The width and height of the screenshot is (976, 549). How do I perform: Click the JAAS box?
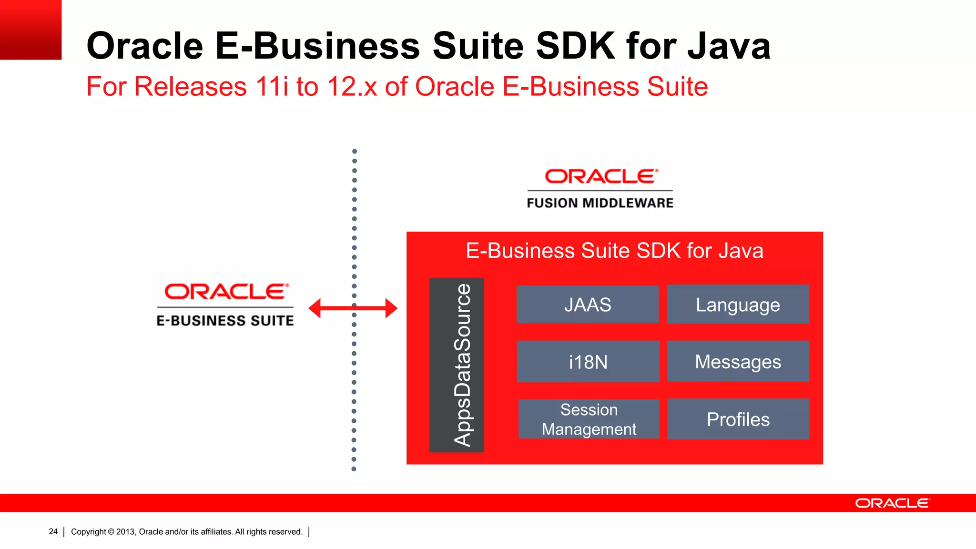[588, 305]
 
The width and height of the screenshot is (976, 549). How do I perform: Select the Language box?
[738, 305]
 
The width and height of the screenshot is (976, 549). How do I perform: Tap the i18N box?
[588, 362]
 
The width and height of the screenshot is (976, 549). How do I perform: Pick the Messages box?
[738, 362]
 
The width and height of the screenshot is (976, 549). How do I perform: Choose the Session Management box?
[589, 419]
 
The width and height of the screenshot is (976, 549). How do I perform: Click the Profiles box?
[738, 419]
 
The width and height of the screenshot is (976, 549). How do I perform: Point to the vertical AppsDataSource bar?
[457, 365]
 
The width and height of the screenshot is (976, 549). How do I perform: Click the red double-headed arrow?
[353, 308]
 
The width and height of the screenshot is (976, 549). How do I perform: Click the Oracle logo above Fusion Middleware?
[601, 176]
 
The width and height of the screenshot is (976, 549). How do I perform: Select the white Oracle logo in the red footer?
[892, 503]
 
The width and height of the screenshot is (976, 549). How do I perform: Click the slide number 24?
[53, 531]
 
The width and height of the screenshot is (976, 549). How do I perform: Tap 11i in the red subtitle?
[272, 87]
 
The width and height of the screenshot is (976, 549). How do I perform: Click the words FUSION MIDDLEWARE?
[600, 203]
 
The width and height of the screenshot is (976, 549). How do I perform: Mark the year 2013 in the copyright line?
[125, 532]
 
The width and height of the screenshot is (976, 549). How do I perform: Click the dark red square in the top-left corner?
[30, 30]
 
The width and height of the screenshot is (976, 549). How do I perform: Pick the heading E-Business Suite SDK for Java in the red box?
[614, 251]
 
